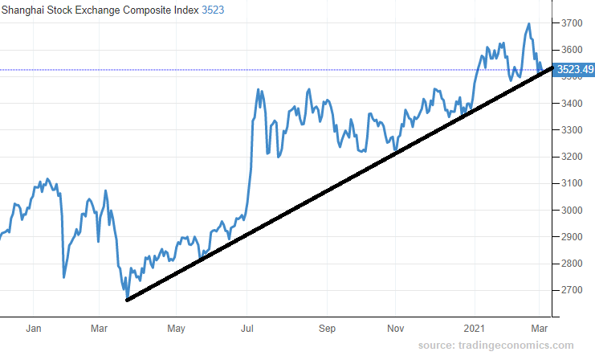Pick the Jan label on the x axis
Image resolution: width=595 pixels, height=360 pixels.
click(x=34, y=328)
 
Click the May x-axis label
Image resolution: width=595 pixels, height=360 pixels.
click(x=177, y=328)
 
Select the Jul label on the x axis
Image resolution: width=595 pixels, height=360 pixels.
click(x=248, y=328)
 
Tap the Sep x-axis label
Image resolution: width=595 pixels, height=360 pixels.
click(x=327, y=328)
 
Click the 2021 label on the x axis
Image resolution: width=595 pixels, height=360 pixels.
click(x=475, y=328)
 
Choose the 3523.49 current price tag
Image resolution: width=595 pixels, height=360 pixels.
click(x=575, y=70)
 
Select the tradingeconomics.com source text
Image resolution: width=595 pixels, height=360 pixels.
click(x=507, y=346)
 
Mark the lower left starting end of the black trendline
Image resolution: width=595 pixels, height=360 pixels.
click(x=128, y=301)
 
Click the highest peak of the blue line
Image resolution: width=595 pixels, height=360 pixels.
click(x=529, y=24)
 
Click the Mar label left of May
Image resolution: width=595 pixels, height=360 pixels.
click(x=100, y=328)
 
